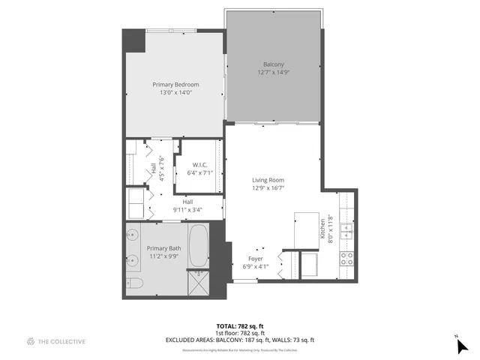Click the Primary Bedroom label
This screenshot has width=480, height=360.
pos(173,85)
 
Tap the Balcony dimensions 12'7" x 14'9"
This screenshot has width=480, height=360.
pos(273,72)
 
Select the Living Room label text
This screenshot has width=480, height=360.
pos(267,179)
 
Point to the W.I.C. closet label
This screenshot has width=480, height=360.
pos(199,164)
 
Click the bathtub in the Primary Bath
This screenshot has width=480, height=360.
pos(199,247)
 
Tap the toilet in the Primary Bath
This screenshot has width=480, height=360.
pos(135,283)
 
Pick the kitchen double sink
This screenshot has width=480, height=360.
pos(347,230)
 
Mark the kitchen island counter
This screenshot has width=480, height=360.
pos(305,228)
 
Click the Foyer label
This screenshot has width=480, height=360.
pos(256,259)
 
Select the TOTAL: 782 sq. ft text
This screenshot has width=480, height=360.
pos(240,326)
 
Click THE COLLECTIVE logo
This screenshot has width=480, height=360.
pos(56,341)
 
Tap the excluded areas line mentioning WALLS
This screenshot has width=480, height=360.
pos(240,340)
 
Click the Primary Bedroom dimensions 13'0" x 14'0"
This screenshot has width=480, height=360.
pos(173,92)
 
